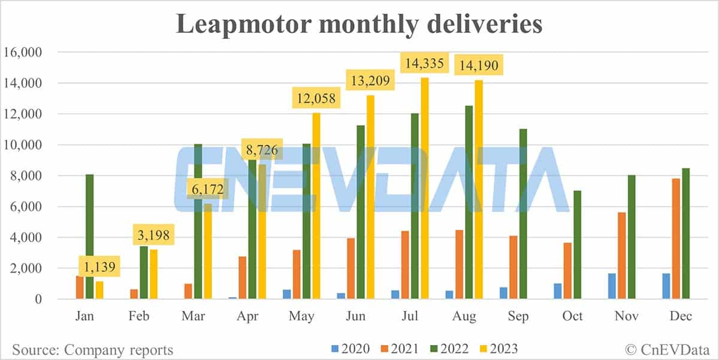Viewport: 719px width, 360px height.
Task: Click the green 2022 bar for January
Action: (89, 237)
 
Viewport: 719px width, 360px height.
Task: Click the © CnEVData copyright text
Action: (666, 349)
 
